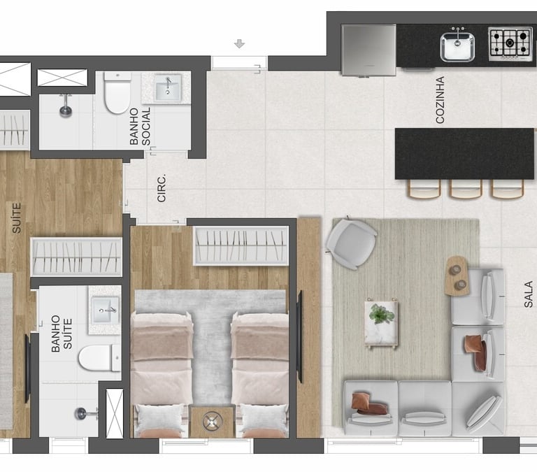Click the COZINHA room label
point(440,100)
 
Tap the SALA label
point(529,294)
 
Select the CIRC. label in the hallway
point(162,187)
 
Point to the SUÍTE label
point(17,218)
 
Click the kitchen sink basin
point(457,47)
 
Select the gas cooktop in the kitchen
point(510,43)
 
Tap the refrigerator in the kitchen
point(369,50)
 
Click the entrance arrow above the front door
point(239,44)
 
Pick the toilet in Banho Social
point(117,92)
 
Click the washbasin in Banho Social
point(168,88)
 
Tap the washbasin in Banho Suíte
point(106,310)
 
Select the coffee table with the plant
point(381,322)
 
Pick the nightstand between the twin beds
point(213,422)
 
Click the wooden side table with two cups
point(457,275)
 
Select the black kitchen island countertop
point(464,153)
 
